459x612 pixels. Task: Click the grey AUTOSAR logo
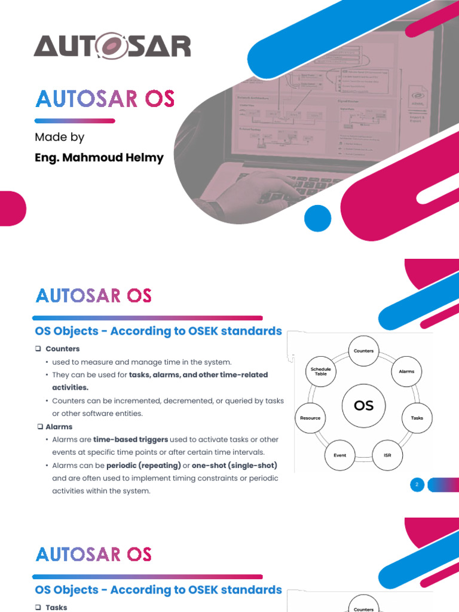coord(112,46)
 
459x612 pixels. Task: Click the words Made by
coord(59,137)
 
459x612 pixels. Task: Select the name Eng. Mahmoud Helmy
coord(99,158)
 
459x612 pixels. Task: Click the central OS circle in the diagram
coord(363,406)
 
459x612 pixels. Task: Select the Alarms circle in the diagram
coord(406,372)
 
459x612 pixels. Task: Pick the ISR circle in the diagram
coord(387,455)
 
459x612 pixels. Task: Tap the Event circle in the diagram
coord(339,455)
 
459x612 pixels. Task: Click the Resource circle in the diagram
coord(310,418)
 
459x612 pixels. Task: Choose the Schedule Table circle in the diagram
coord(320,371)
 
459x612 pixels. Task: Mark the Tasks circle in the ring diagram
coord(417,418)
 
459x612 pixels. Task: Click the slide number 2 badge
coord(417,485)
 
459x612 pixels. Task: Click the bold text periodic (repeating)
coord(143,466)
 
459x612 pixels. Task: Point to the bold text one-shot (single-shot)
coord(235,466)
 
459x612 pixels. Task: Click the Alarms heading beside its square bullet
coord(59,427)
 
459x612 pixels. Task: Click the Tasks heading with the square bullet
coord(56,607)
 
